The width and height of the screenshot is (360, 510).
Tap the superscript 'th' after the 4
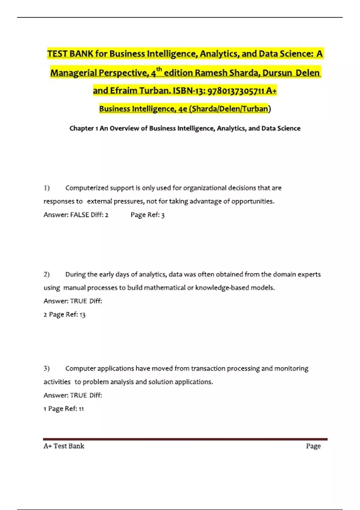(x=159, y=70)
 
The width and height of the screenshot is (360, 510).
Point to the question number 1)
(x=46, y=188)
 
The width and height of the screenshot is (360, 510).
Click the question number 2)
(x=46, y=274)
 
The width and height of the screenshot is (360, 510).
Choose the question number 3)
(x=46, y=368)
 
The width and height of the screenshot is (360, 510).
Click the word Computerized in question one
(x=87, y=188)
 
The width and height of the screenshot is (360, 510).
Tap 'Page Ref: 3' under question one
(x=148, y=215)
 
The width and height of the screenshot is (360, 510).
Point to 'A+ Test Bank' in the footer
(x=64, y=446)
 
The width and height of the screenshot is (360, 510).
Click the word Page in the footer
(x=313, y=446)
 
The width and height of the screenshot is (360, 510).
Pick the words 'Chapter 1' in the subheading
(x=84, y=128)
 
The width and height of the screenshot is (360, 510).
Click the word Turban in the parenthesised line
(x=255, y=109)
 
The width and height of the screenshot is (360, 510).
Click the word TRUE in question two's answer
(x=78, y=301)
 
